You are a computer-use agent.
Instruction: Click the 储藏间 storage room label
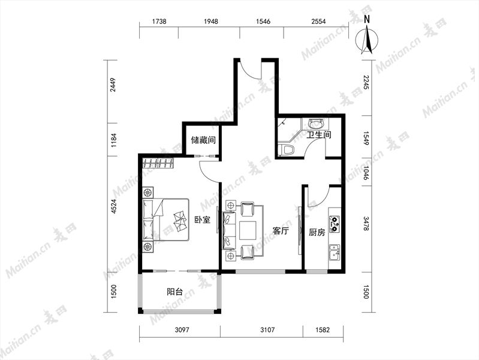coord(203,140)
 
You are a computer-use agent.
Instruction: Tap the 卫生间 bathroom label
coord(319,134)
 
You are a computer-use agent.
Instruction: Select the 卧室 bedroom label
coord(203,220)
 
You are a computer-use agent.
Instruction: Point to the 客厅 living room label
coord(281,230)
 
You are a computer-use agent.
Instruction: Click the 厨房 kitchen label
coord(317,232)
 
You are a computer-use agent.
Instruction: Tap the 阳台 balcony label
coord(174,292)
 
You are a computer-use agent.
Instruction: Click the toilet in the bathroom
coord(287,150)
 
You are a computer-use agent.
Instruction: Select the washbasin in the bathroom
coord(316,124)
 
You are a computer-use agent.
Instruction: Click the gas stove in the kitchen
coord(335,223)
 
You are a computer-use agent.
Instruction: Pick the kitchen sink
coord(334,253)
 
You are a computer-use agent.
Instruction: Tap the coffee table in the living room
coord(249,230)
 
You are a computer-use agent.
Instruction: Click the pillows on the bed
coord(180,221)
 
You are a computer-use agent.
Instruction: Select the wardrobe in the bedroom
coord(158,163)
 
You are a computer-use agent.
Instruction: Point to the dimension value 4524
coord(114,206)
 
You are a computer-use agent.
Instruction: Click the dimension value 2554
coord(318,21)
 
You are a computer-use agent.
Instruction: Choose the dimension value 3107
coord(267,330)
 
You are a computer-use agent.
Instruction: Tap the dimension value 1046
coord(366,173)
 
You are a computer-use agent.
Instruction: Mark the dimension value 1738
coord(159,21)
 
